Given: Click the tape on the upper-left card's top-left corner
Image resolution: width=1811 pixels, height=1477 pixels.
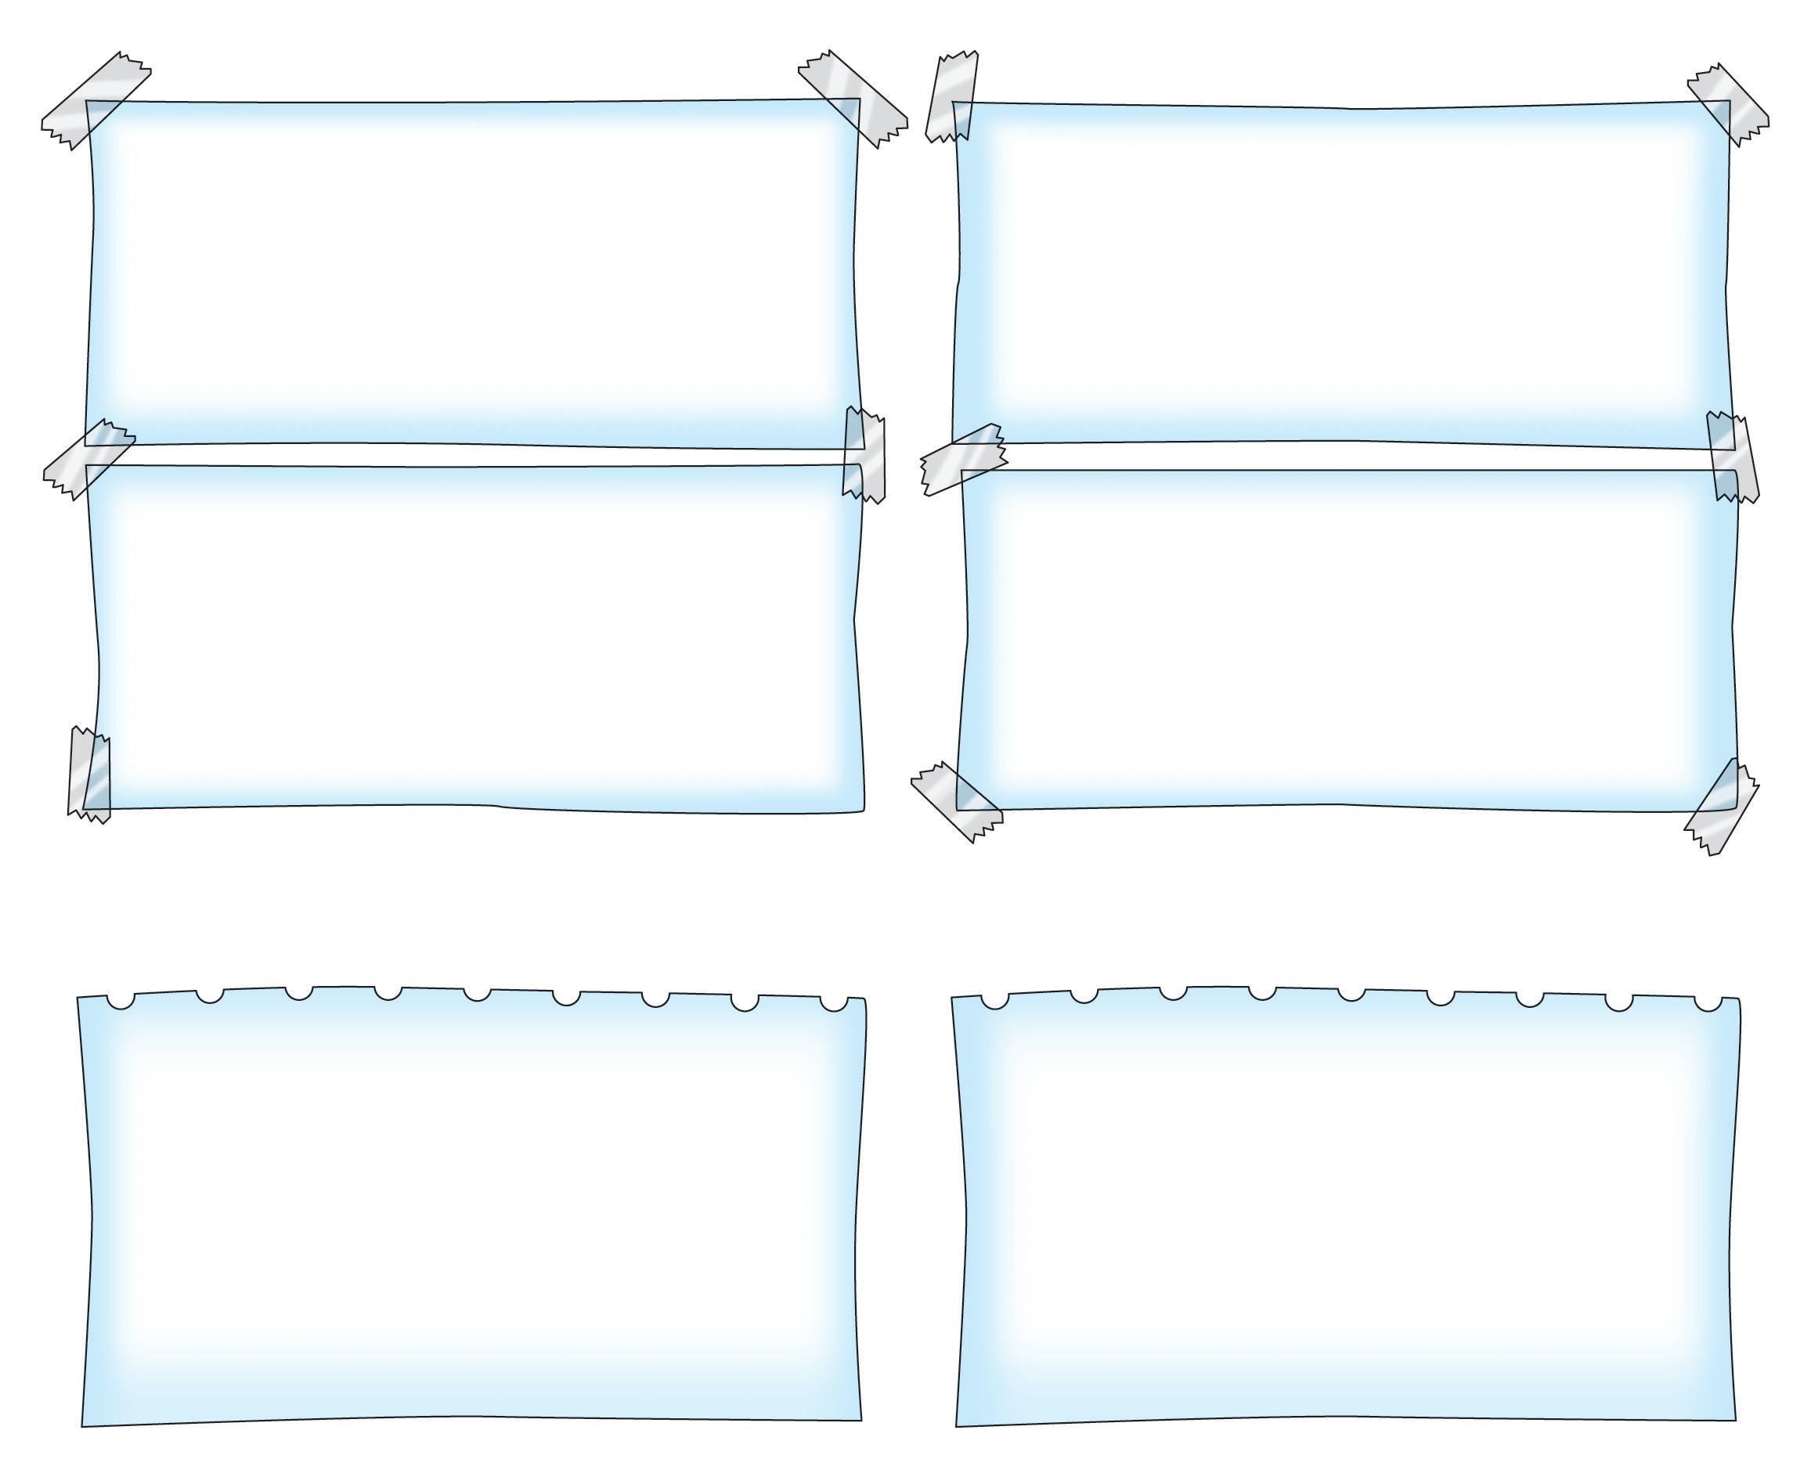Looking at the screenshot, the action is (x=96, y=100).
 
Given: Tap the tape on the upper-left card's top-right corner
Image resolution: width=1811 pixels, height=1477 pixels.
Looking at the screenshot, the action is (x=853, y=98).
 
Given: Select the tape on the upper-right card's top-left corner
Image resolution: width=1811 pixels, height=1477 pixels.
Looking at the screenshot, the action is (x=953, y=96).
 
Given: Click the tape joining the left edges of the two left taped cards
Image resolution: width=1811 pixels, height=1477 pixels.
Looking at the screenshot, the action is (x=88, y=460).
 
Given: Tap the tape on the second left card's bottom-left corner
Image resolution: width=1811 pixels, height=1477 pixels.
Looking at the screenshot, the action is (x=89, y=775).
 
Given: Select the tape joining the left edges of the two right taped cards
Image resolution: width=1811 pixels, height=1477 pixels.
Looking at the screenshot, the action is (x=964, y=459).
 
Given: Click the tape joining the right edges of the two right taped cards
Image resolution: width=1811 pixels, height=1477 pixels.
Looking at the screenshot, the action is (x=1732, y=457).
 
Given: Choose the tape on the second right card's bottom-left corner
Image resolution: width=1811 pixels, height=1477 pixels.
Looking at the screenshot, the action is (x=956, y=801).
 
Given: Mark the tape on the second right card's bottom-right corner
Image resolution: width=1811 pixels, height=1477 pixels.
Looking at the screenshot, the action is (x=1722, y=805).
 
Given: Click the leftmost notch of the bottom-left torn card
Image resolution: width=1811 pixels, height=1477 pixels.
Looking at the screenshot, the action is (x=121, y=1000).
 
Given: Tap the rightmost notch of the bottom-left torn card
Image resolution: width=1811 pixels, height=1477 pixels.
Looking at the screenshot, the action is (x=834, y=1002).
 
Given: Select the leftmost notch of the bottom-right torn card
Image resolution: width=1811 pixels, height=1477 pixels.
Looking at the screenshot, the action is (x=994, y=1000).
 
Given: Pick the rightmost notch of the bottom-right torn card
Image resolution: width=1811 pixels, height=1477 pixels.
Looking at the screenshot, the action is (x=1707, y=1002).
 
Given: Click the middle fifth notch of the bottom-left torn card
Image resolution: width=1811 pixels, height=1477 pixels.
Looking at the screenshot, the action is (x=477, y=993).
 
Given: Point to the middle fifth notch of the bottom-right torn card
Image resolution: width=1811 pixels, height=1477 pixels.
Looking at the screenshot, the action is (x=1351, y=993).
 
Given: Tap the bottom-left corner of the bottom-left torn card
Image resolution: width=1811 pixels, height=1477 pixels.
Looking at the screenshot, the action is (x=83, y=1425).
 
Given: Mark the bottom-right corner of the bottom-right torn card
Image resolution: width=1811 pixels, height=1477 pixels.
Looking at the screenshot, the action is (x=1734, y=1419).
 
